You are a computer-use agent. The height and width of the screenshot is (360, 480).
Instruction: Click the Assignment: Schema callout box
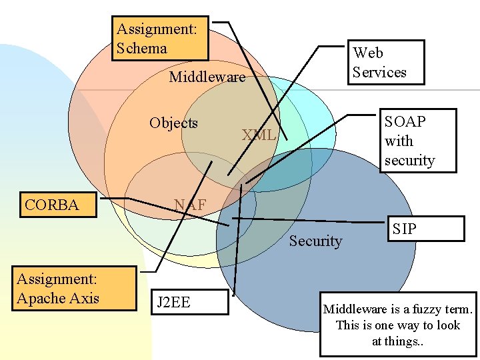click(x=160, y=38)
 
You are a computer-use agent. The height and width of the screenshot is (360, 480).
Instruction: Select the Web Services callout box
click(x=379, y=62)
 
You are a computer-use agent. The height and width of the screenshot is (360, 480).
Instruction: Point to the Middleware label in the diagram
click(x=207, y=77)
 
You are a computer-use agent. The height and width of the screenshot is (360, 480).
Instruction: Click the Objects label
click(x=173, y=123)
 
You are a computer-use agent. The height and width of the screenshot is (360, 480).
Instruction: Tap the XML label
click(x=259, y=135)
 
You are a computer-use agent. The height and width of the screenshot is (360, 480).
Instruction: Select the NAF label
click(x=190, y=205)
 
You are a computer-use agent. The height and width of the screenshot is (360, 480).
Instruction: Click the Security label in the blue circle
click(x=315, y=241)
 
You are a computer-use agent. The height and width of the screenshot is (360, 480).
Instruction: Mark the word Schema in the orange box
click(x=141, y=48)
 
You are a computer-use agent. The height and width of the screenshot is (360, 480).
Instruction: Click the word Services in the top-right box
click(x=379, y=72)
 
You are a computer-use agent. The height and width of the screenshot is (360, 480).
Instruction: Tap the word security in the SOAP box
click(x=409, y=161)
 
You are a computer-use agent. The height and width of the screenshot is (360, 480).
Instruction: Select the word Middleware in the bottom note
click(x=355, y=309)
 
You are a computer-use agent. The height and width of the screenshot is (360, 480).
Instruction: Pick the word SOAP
click(x=405, y=121)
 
